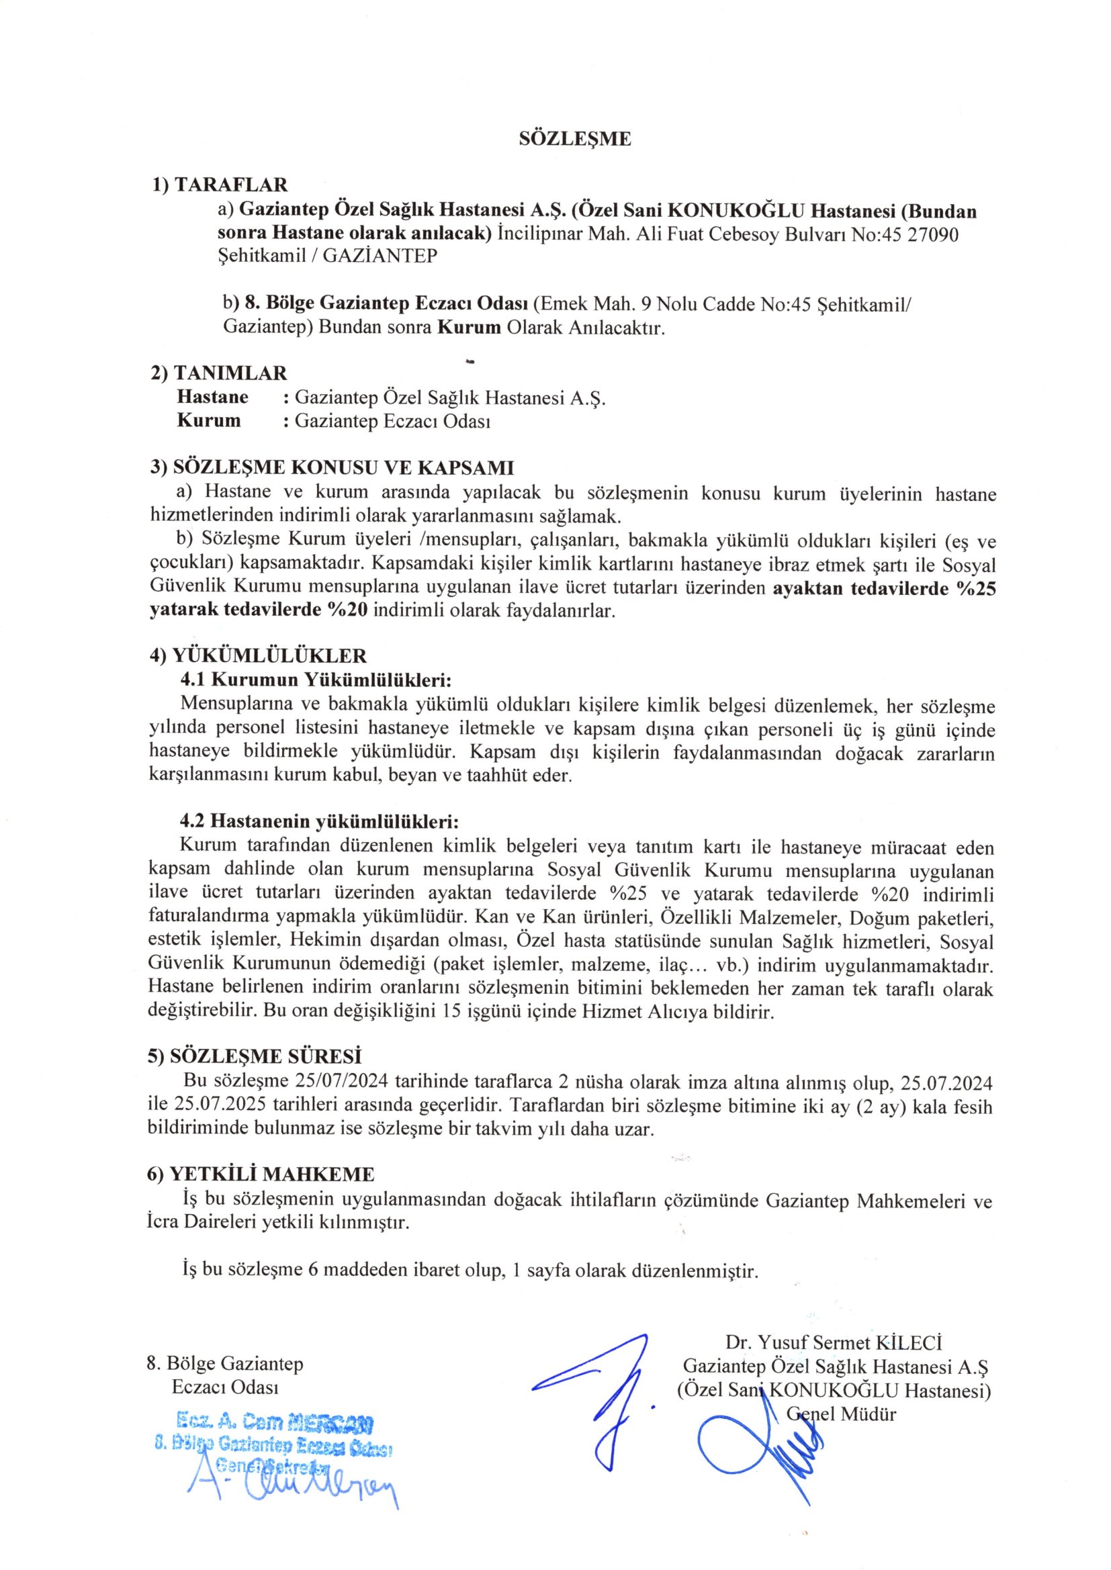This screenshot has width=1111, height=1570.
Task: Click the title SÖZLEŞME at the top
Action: tap(575, 140)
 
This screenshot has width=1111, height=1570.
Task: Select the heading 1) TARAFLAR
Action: tap(220, 185)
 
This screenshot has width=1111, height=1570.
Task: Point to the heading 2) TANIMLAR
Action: tap(219, 373)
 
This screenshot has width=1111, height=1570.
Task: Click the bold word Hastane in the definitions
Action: tap(212, 398)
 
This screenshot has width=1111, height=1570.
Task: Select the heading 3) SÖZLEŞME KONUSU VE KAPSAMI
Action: tap(332, 468)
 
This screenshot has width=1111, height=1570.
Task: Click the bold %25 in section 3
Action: tap(974, 590)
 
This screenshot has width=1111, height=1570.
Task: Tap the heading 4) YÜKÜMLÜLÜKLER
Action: tap(258, 657)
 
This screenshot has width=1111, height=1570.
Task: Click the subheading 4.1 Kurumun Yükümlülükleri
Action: tap(316, 680)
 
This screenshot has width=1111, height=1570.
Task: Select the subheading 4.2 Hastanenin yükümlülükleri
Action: tap(319, 821)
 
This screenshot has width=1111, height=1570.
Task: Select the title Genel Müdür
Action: tap(841, 1414)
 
